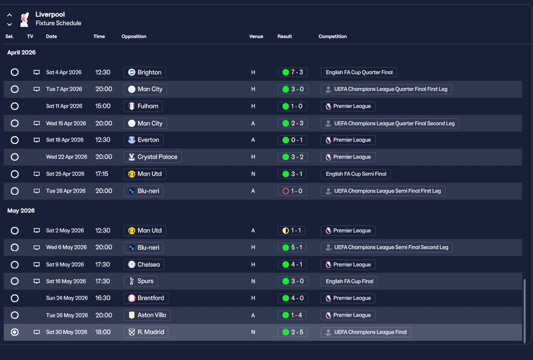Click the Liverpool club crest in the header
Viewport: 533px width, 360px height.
coord(25,19)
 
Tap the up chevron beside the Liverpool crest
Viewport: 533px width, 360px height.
coord(10,15)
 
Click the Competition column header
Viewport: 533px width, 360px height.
coord(332,36)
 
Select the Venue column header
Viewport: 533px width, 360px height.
coord(256,36)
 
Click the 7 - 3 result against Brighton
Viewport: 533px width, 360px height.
coord(292,72)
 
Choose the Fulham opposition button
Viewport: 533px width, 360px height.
coord(143,106)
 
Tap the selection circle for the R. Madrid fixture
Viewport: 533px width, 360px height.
coord(15,332)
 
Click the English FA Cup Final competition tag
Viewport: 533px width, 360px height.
coord(349,281)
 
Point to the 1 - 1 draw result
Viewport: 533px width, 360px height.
coord(291,231)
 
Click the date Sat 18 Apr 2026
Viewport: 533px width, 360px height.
coord(65,140)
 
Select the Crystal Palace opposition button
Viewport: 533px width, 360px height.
coord(153,157)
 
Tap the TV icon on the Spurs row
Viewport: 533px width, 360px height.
coord(37,281)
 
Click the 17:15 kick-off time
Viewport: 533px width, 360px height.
coord(102,174)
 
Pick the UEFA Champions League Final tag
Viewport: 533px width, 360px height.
coord(366,332)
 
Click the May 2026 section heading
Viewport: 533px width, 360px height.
coord(21,211)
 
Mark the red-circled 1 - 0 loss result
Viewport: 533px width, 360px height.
coord(292,191)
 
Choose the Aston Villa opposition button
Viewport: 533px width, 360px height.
coord(147,315)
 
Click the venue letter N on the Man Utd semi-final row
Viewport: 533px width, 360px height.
coord(253,174)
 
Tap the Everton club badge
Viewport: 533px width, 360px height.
coord(132,140)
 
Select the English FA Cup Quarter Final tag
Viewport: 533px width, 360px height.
coord(359,72)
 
